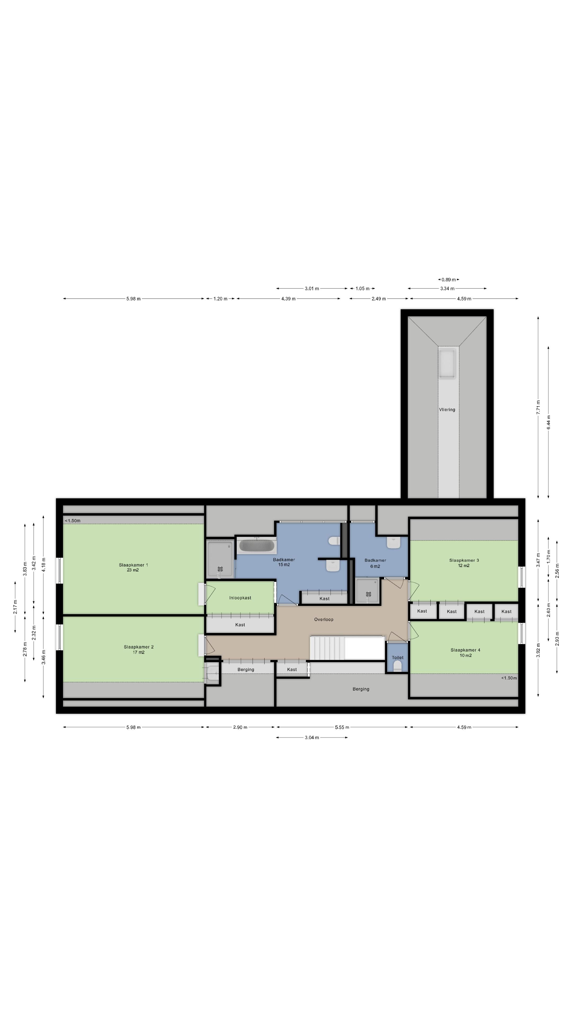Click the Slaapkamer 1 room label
[x=133, y=565]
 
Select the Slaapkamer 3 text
[x=464, y=560]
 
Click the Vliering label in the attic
[x=447, y=409]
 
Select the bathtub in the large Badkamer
[x=257, y=546]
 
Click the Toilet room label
[x=397, y=657]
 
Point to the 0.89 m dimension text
[x=448, y=279]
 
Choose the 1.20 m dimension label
[x=220, y=298]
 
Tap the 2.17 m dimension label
[x=15, y=607]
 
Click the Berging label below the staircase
[x=361, y=689]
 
